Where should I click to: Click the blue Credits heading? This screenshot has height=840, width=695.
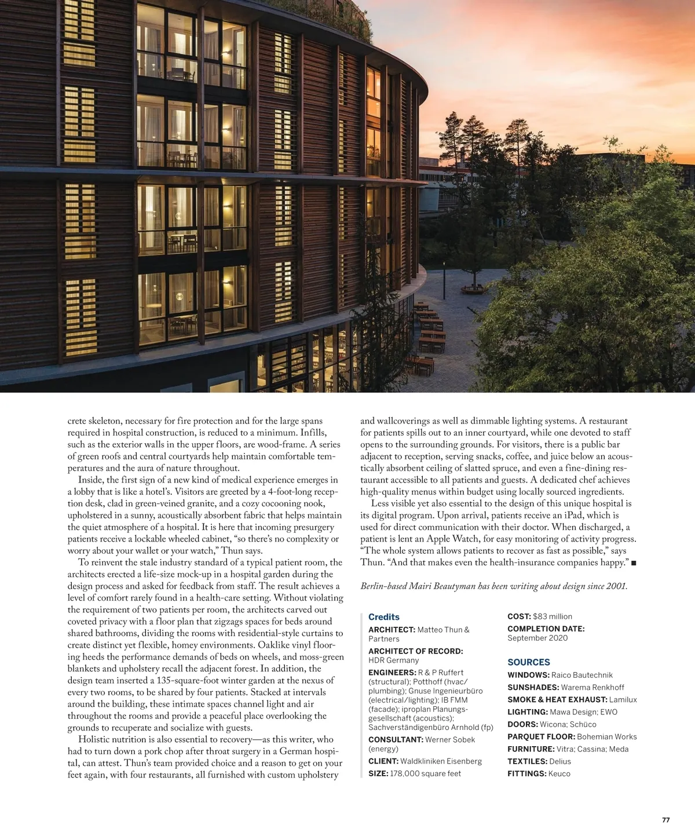pos(383,617)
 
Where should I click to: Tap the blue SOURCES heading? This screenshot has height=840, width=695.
pos(528,662)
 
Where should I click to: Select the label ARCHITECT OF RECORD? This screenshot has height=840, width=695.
pos(415,651)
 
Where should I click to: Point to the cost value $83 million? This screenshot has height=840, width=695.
pos(553,616)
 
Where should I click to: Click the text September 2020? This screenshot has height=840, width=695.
pos(537,638)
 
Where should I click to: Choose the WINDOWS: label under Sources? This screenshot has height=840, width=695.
pos(528,675)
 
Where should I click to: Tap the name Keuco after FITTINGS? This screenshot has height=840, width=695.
pos(559,773)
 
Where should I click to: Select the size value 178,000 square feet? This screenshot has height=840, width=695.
pos(426,773)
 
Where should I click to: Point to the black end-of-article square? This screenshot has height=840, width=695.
pos(634,563)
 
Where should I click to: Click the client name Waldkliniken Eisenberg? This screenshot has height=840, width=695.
pos(441,761)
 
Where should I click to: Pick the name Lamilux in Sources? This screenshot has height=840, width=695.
pos(623,700)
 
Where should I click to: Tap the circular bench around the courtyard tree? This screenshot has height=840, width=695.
pos(472,287)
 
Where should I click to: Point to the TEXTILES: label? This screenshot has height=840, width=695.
pos(527,761)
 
